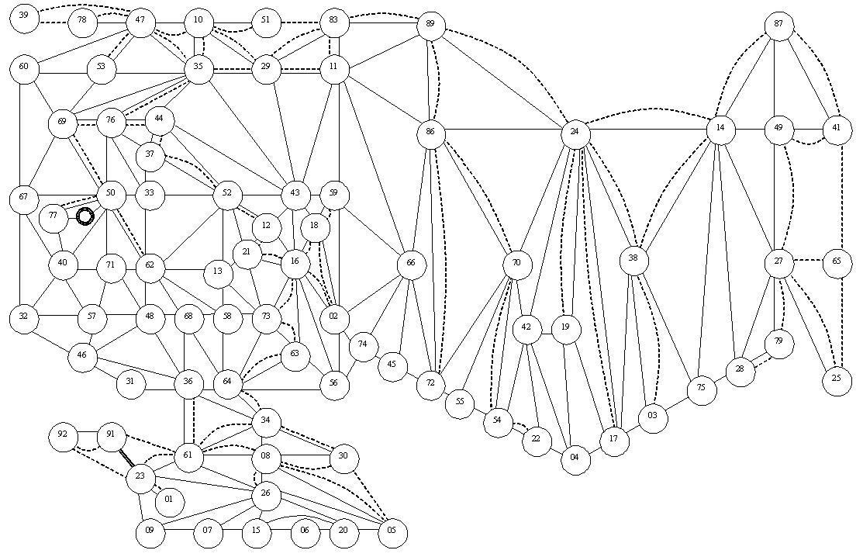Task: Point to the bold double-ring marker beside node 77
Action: [85, 216]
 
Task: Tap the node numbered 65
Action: [837, 262]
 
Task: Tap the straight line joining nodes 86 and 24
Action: [502, 130]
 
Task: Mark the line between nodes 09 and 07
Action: [179, 530]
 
